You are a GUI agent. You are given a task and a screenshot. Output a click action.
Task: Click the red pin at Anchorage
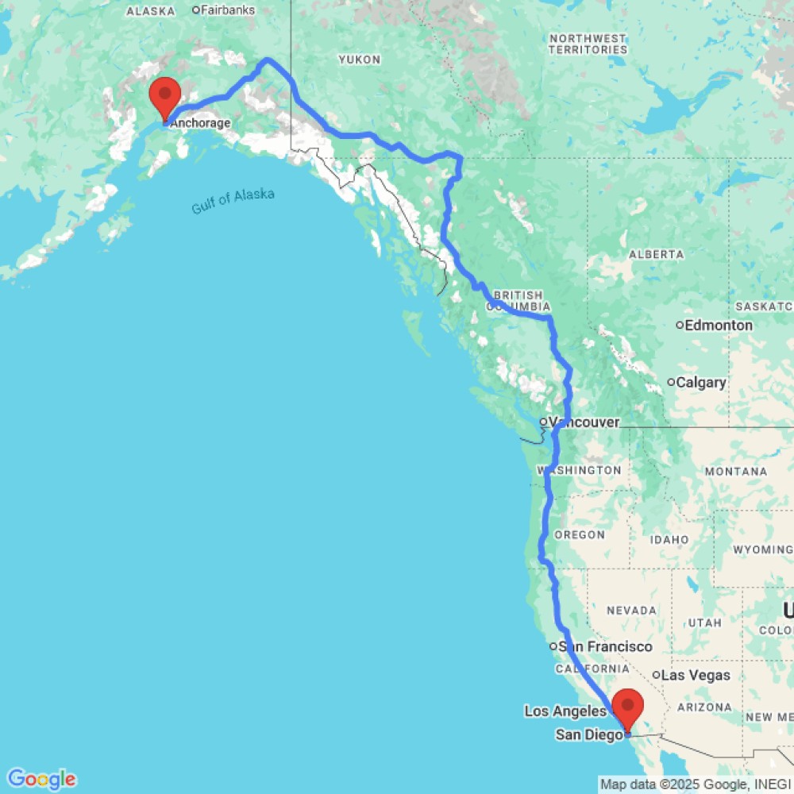165,97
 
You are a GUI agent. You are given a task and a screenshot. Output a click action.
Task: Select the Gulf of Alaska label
233,201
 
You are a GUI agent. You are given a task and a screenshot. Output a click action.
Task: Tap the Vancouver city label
584,422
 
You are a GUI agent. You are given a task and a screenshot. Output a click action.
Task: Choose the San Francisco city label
605,647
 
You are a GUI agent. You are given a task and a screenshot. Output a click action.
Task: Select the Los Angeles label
566,711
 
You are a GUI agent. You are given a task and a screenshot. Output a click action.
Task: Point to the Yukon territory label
360,60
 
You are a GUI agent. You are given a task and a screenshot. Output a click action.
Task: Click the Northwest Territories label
587,44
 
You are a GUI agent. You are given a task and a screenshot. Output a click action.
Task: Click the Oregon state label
580,535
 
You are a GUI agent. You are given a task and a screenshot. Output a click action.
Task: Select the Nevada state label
631,611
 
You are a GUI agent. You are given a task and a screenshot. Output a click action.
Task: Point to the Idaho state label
669,540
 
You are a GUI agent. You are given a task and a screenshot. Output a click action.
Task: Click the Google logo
41,779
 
